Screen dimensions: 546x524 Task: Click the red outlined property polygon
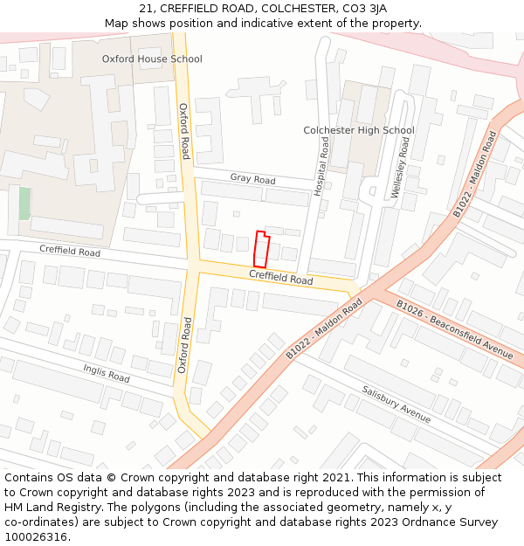click(259, 250)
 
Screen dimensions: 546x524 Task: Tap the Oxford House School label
click(152, 59)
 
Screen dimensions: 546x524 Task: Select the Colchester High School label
click(358, 131)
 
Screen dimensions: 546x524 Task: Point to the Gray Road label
click(252, 179)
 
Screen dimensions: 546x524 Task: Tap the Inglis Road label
click(107, 373)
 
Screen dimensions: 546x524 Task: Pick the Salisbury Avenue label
click(396, 404)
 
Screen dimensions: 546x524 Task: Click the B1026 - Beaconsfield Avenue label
click(454, 329)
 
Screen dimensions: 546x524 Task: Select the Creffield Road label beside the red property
click(280, 278)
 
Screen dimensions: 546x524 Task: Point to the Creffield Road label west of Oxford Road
click(70, 251)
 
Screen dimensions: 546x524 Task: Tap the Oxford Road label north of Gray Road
click(184, 131)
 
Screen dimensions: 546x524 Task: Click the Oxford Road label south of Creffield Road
click(184, 346)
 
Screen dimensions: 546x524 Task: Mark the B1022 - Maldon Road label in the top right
click(474, 175)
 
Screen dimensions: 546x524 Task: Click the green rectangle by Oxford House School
click(24, 204)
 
